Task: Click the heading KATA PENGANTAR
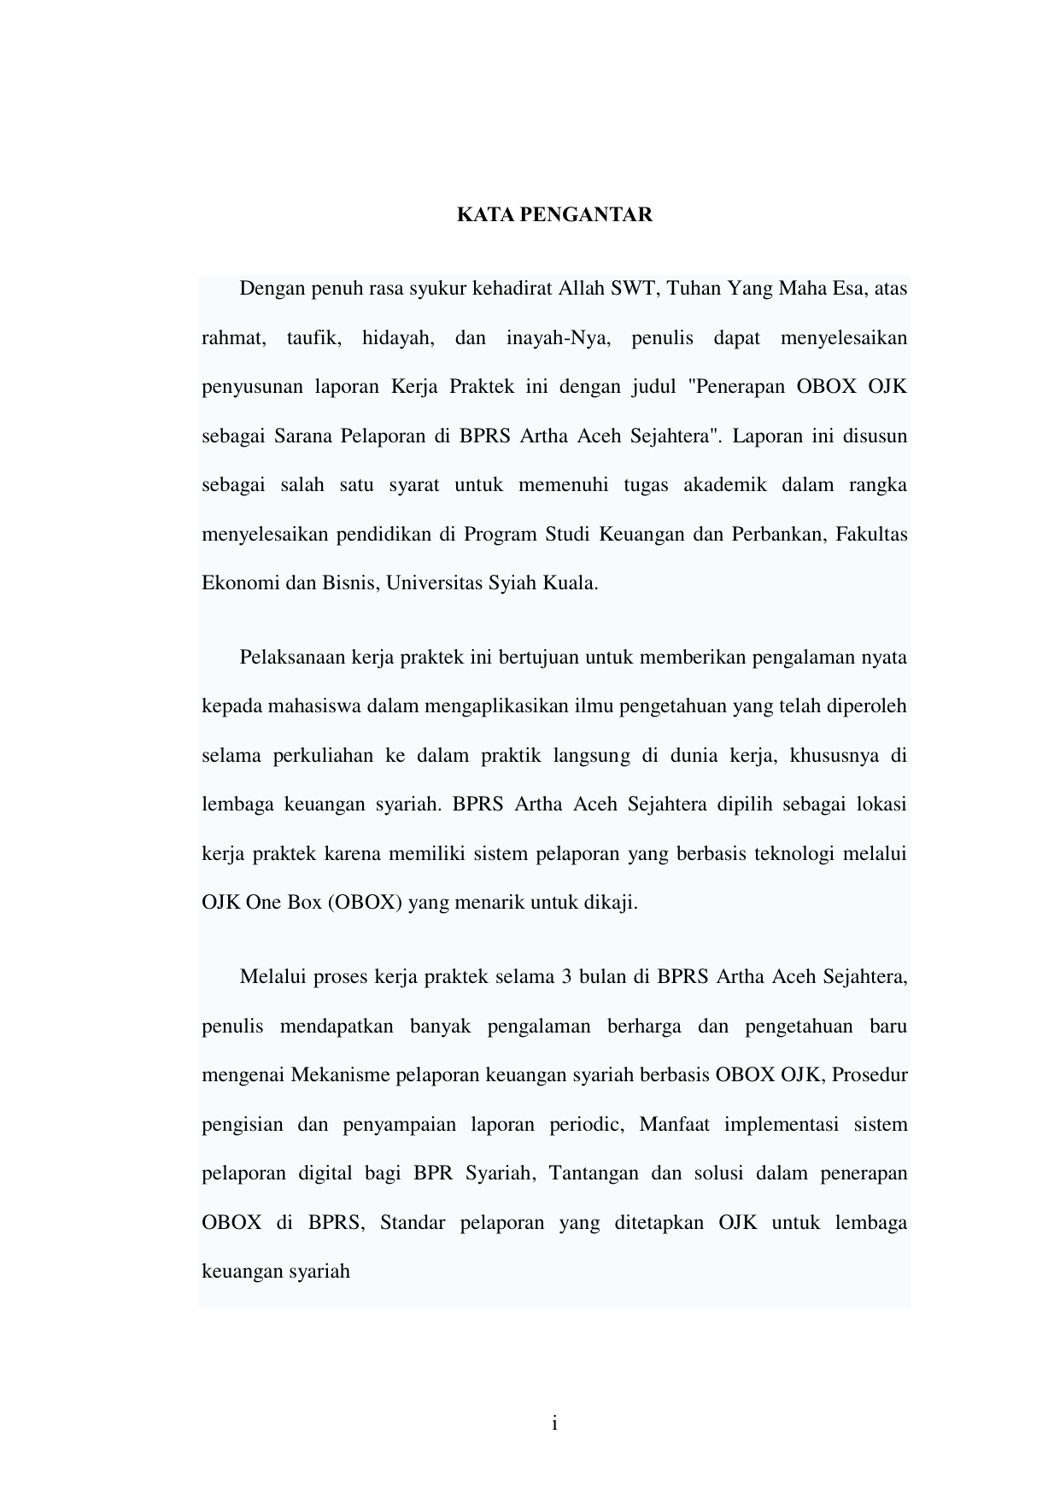554,214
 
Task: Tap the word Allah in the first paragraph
582,289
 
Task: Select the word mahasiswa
303,707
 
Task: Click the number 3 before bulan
566,977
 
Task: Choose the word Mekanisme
340,1074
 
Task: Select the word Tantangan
593,1173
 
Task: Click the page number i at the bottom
554,1424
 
